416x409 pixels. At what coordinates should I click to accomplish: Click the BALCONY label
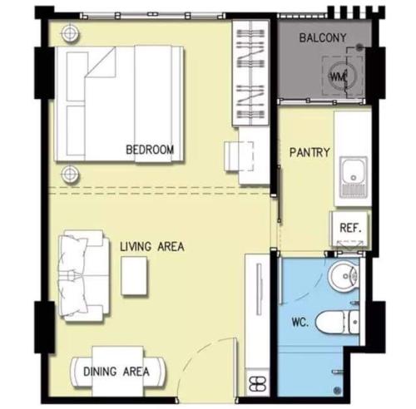pyautogui.click(x=323, y=37)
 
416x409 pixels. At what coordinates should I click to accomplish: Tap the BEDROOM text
pyautogui.click(x=150, y=150)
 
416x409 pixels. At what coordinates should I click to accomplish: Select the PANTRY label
pyautogui.click(x=310, y=152)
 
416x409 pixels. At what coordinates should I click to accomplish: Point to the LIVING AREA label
pyautogui.click(x=152, y=247)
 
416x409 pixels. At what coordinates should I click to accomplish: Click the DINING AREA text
pyautogui.click(x=116, y=372)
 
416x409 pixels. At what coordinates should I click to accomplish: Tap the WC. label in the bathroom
pyautogui.click(x=300, y=322)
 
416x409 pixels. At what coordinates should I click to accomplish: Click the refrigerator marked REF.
pyautogui.click(x=350, y=229)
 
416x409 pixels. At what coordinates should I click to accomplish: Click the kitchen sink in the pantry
pyautogui.click(x=354, y=177)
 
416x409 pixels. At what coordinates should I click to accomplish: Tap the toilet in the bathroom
pyautogui.click(x=337, y=323)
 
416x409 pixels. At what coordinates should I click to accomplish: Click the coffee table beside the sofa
pyautogui.click(x=134, y=275)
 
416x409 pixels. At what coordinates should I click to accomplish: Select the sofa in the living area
pyautogui.click(x=83, y=275)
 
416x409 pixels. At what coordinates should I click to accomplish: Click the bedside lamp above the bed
pyautogui.click(x=70, y=33)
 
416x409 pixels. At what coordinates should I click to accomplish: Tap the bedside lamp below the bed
pyautogui.click(x=70, y=174)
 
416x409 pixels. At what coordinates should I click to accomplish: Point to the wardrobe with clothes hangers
pyautogui.click(x=250, y=73)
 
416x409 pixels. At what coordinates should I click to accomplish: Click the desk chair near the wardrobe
pyautogui.click(x=239, y=156)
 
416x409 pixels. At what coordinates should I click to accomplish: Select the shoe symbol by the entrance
pyautogui.click(x=258, y=384)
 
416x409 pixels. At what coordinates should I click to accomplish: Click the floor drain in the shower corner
pyautogui.click(x=337, y=390)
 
